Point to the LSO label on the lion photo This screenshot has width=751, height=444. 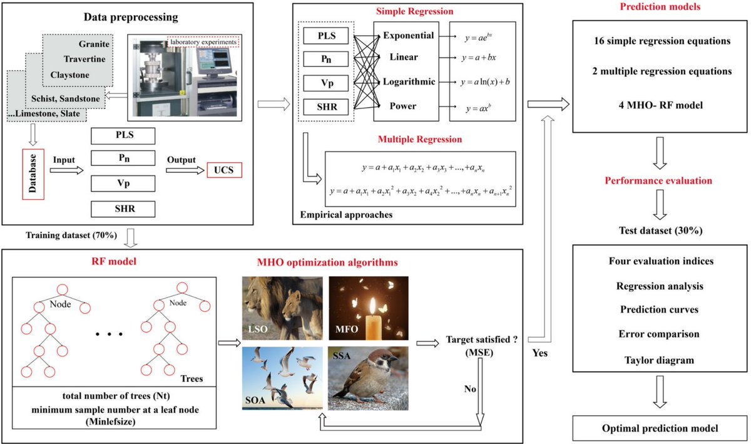coord(257,329)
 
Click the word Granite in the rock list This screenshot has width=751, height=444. coord(95,45)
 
